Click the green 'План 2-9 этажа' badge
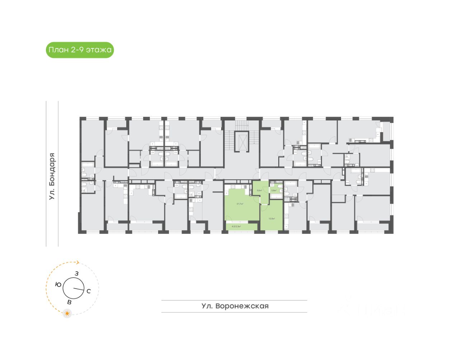80,50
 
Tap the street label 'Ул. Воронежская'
235,306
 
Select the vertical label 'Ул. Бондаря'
52,176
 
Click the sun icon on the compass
67,313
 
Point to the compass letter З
76,274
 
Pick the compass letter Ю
58,284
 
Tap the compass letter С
89,291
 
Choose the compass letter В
69,302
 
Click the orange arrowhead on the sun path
77,262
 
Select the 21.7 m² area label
240,204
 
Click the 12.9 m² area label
271,218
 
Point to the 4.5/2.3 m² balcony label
236,227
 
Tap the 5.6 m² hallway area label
259,190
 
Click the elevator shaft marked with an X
241,141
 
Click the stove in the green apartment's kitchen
233,186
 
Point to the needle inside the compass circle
78,289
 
